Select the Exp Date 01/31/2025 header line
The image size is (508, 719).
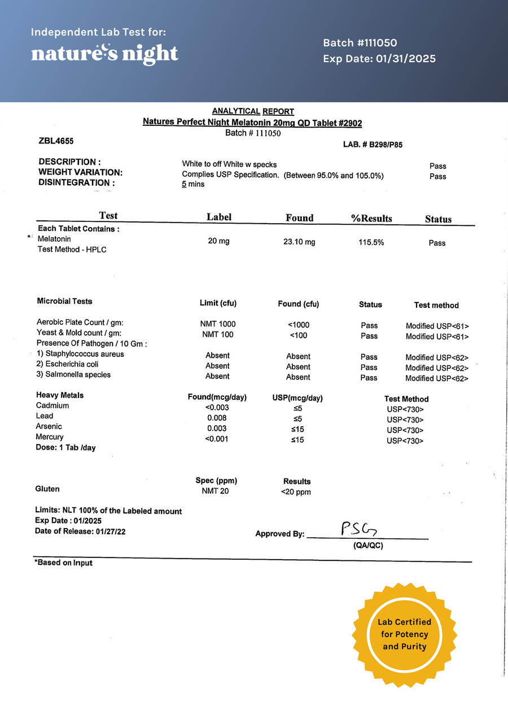(x=379, y=59)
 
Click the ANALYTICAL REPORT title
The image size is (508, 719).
(x=253, y=111)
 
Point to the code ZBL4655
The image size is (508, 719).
(x=56, y=141)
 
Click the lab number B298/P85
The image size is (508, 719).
(x=373, y=145)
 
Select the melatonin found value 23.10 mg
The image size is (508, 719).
(x=299, y=241)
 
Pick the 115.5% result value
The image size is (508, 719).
(x=371, y=242)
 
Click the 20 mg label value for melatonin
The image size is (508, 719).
(x=219, y=241)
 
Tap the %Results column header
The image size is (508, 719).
(x=371, y=218)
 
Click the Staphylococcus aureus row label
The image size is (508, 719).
(x=80, y=354)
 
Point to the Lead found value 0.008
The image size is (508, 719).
(x=217, y=418)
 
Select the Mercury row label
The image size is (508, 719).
(x=50, y=437)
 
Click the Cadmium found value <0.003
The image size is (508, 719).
(x=217, y=407)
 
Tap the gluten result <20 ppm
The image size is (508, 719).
(x=296, y=492)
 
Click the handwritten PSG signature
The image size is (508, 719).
(x=358, y=529)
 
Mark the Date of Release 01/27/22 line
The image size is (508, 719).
(x=80, y=531)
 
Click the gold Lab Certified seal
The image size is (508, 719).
(x=405, y=634)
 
